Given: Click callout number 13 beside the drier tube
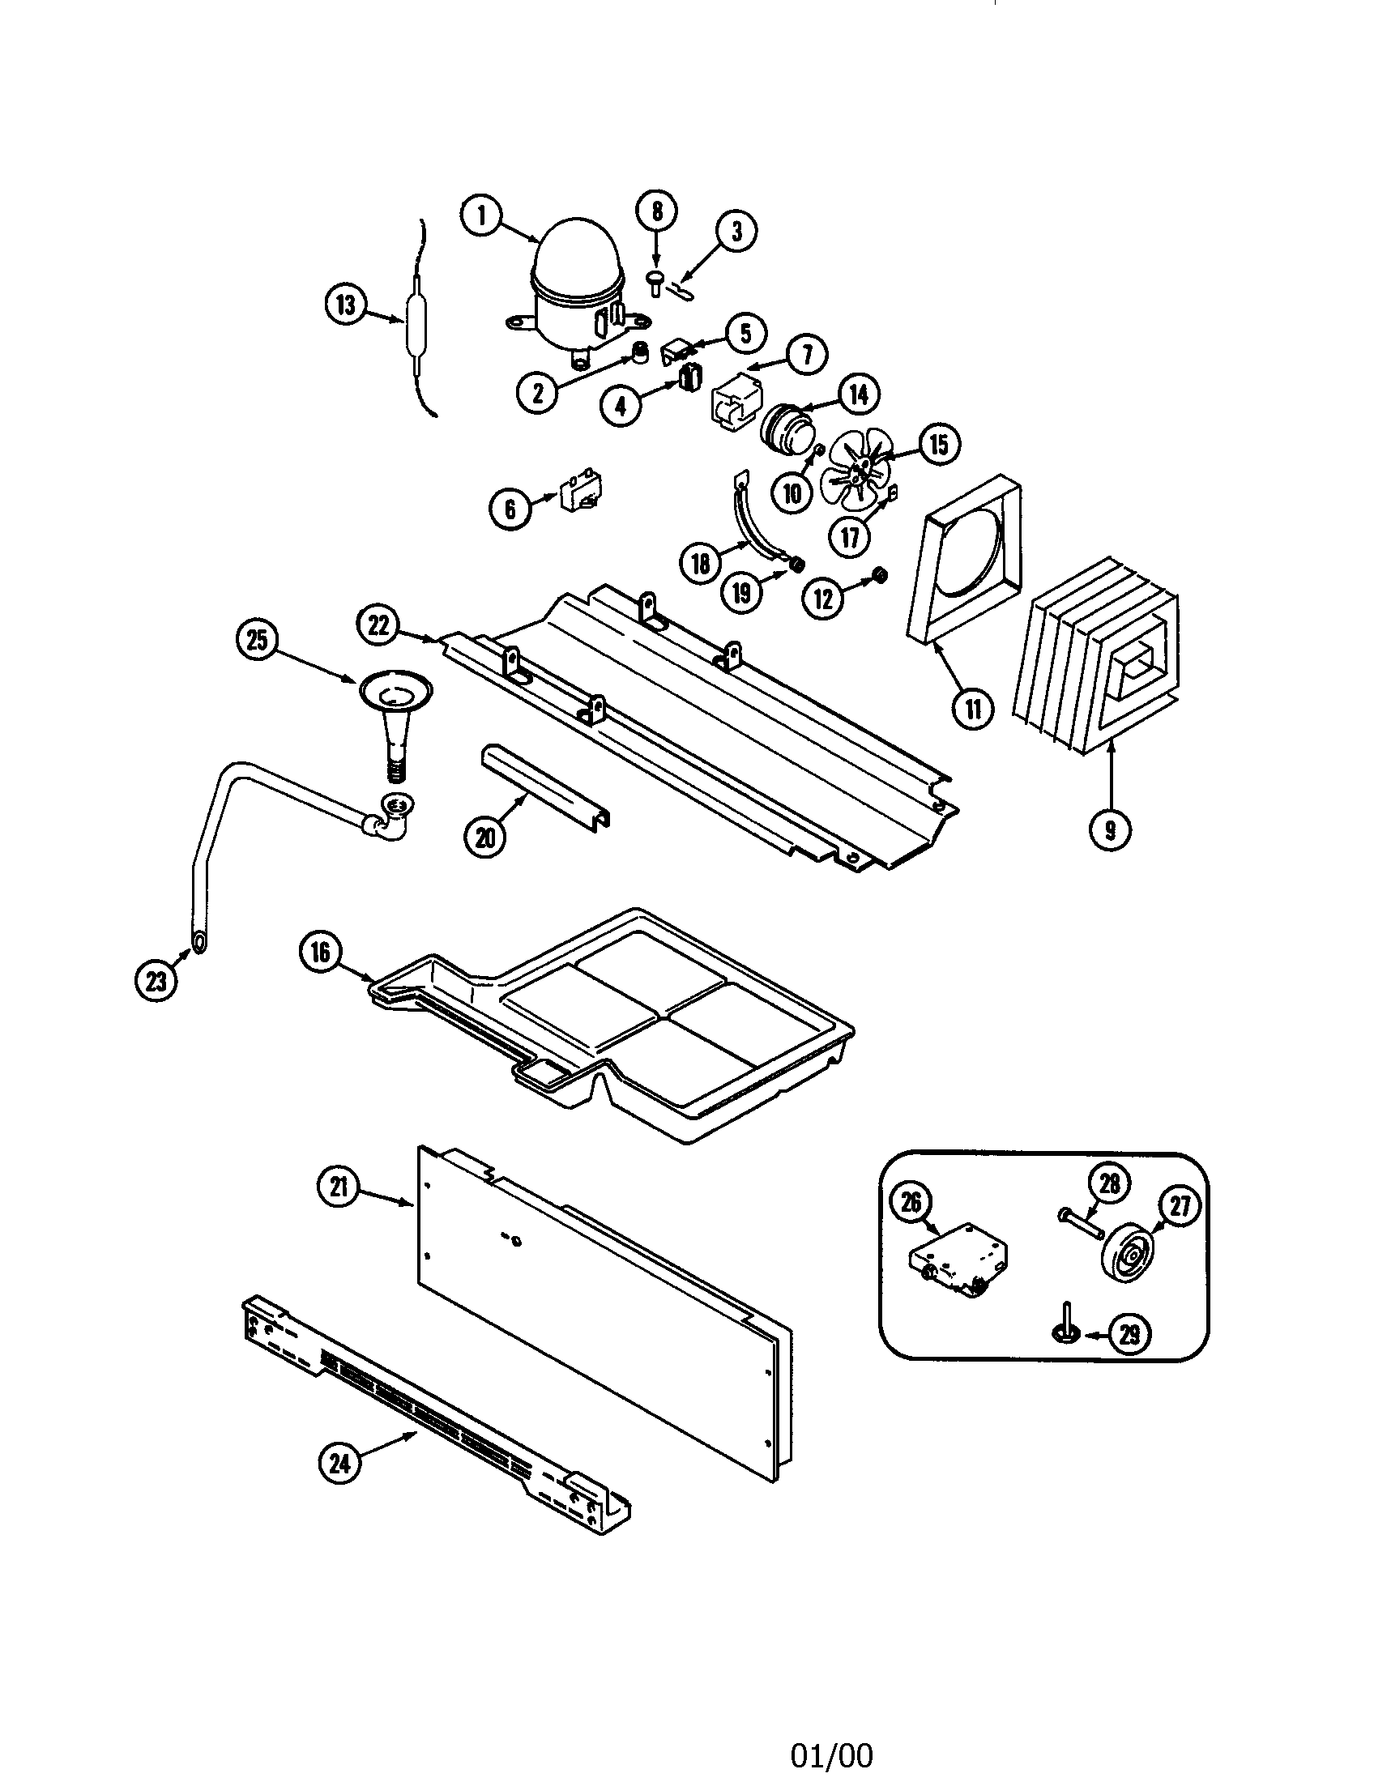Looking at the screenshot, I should pyautogui.click(x=347, y=306).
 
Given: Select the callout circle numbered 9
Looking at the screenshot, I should pyautogui.click(x=1111, y=829).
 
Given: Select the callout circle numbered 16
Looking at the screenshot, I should pyautogui.click(x=320, y=952).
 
